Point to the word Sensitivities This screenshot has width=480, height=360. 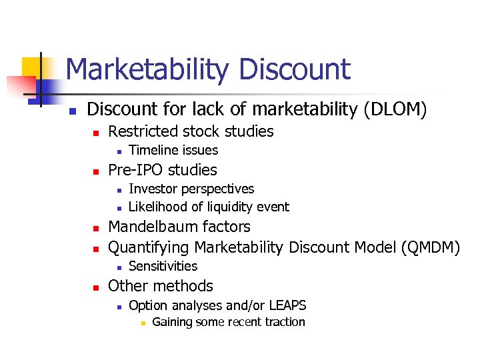click(163, 266)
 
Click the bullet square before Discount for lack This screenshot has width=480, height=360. click(73, 109)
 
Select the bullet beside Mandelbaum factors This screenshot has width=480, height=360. click(95, 228)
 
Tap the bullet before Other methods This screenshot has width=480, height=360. click(95, 287)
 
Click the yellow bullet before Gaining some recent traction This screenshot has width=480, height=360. click(141, 323)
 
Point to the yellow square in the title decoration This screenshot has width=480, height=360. click(31, 67)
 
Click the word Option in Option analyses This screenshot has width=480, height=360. click(147, 305)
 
